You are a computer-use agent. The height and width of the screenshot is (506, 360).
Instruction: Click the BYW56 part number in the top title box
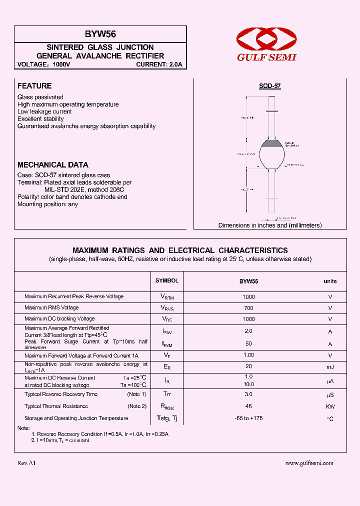[x=100, y=34]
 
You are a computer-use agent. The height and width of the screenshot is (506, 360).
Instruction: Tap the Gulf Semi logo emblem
[x=266, y=39]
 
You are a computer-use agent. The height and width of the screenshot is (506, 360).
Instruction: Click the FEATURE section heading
[x=34, y=86]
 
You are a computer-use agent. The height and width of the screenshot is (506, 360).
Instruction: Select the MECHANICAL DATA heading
[x=52, y=164]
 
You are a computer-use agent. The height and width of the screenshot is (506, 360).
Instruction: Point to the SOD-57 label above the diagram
[x=269, y=86]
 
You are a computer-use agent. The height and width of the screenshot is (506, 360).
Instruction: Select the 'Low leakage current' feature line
[x=44, y=111]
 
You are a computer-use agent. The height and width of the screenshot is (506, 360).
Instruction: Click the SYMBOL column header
[x=166, y=281]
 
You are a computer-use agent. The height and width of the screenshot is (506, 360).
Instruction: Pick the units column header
[x=330, y=281]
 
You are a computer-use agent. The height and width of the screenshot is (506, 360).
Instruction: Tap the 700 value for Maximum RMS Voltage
[x=248, y=308]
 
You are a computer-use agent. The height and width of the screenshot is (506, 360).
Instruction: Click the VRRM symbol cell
[x=166, y=297]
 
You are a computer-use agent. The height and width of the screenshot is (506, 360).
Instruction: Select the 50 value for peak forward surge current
[x=248, y=344]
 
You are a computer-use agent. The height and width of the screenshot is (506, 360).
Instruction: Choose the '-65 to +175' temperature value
[x=248, y=418]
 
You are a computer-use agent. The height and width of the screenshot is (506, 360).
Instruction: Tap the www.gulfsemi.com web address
[x=309, y=463]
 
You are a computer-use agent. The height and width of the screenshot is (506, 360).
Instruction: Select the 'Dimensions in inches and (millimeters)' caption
[x=270, y=225]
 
